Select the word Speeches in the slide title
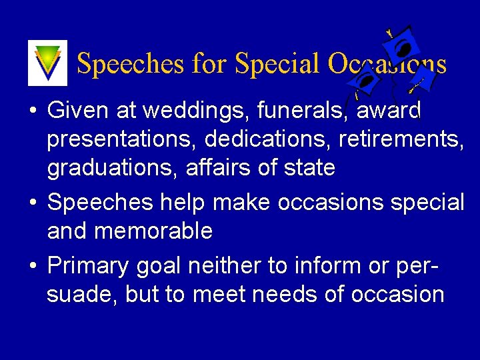(130, 64)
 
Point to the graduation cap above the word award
(364, 83)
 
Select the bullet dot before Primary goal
(32, 266)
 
